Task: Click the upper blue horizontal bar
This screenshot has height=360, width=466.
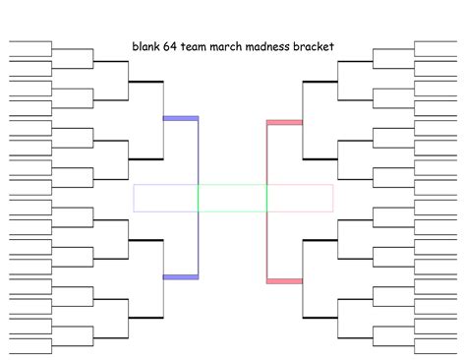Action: [x=180, y=119]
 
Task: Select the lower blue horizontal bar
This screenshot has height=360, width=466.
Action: [x=180, y=277]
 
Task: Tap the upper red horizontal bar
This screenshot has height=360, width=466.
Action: [x=284, y=123]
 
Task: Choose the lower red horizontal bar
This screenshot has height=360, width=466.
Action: [x=284, y=281]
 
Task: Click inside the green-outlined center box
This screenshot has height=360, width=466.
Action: [x=232, y=198]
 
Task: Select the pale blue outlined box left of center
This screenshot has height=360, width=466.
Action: [x=165, y=198]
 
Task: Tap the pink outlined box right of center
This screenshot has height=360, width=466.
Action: [x=300, y=198]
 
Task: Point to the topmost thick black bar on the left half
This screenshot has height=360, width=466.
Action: [x=145, y=81]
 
